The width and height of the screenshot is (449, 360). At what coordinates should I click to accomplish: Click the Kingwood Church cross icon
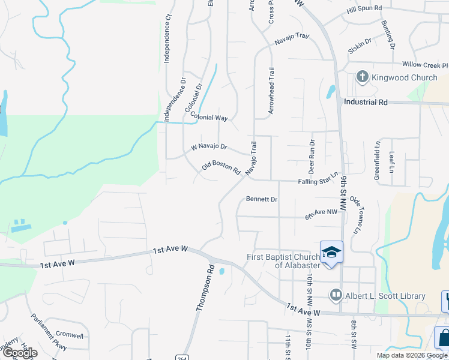point(362,77)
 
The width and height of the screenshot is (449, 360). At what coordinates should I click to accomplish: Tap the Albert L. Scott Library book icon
point(336,295)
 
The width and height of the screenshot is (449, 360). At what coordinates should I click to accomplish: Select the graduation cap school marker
point(331,253)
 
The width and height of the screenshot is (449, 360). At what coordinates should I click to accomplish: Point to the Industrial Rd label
point(366,102)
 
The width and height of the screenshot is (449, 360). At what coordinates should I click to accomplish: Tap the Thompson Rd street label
point(205,288)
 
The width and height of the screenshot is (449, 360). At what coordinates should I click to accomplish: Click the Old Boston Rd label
point(221,167)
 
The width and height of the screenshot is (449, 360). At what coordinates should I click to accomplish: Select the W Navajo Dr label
point(209,146)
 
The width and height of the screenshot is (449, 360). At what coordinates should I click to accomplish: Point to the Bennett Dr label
point(262,199)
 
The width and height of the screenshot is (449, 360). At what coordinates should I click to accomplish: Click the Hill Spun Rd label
point(364,9)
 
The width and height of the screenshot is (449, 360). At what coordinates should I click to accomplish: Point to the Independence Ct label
point(168,39)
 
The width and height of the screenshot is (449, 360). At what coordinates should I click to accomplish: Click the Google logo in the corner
point(20,353)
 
